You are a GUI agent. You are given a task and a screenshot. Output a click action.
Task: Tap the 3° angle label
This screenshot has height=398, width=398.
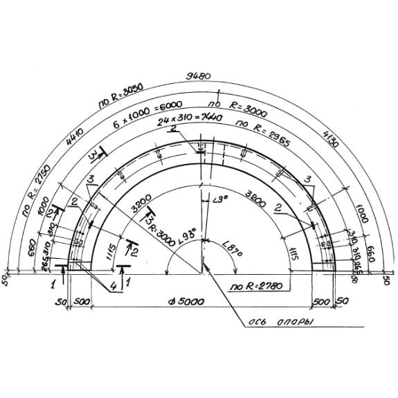point(220,201)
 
